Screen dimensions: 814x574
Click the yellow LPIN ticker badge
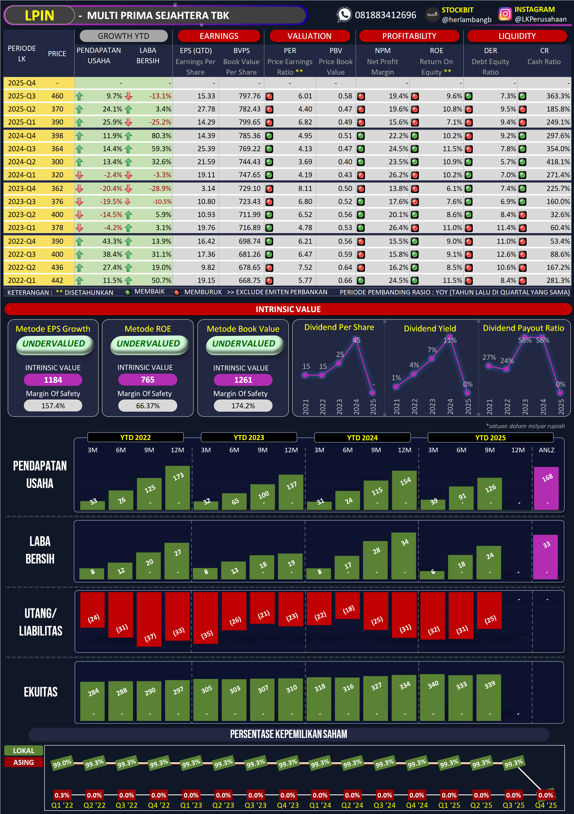(39, 15)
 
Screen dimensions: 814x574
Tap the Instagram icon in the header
(505, 14)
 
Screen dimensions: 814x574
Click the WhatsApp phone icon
(344, 15)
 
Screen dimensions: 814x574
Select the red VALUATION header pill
(309, 36)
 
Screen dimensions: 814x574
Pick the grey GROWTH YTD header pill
(123, 36)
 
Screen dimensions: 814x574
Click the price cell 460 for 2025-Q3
(57, 96)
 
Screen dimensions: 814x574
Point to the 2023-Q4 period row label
(22, 188)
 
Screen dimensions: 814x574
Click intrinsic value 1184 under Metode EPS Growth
(53, 380)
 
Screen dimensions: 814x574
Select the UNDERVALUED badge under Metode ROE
(148, 344)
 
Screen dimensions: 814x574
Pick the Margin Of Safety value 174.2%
(243, 406)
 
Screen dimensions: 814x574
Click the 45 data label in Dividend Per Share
(356, 340)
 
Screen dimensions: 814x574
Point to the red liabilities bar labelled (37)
(149, 619)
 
